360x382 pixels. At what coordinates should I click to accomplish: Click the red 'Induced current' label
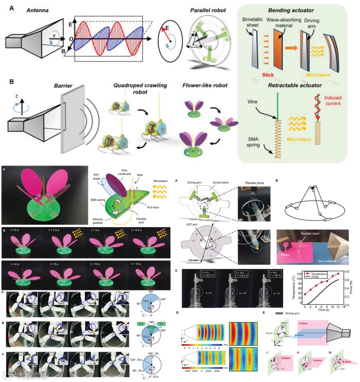point(333,101)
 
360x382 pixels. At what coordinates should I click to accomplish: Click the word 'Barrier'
point(63,86)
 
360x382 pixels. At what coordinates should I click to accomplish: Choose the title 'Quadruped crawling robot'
point(140,88)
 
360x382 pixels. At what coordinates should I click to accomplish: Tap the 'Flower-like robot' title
point(205,85)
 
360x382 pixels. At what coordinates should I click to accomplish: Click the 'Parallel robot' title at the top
point(208,10)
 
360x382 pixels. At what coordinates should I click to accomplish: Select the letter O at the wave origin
point(71,39)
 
